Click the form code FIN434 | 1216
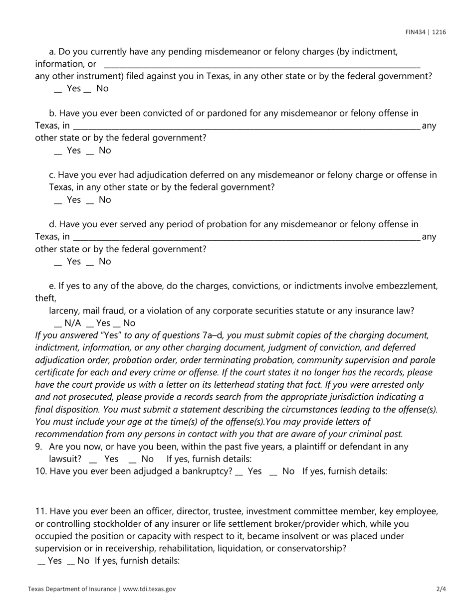(x=426, y=32)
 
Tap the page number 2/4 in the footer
(x=441, y=589)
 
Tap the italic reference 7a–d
(x=212, y=335)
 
